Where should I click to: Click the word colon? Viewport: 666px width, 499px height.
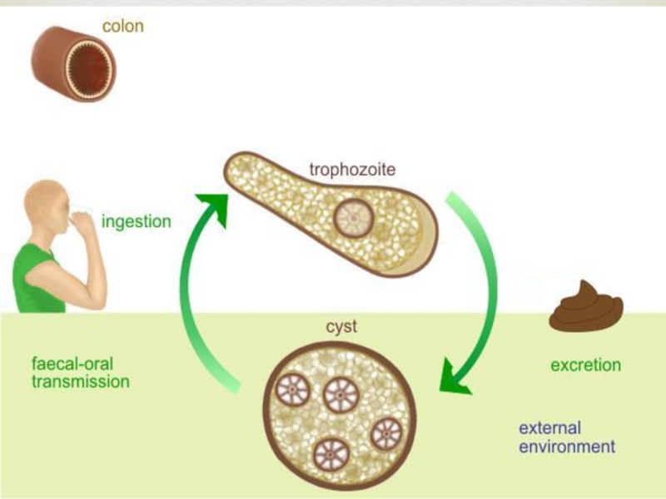122,26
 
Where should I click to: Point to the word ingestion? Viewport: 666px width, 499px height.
136,222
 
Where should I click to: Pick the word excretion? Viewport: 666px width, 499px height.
585,365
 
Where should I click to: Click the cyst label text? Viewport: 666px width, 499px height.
341,327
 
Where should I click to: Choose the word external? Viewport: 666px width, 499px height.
549,428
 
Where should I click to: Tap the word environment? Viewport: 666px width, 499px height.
567,447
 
